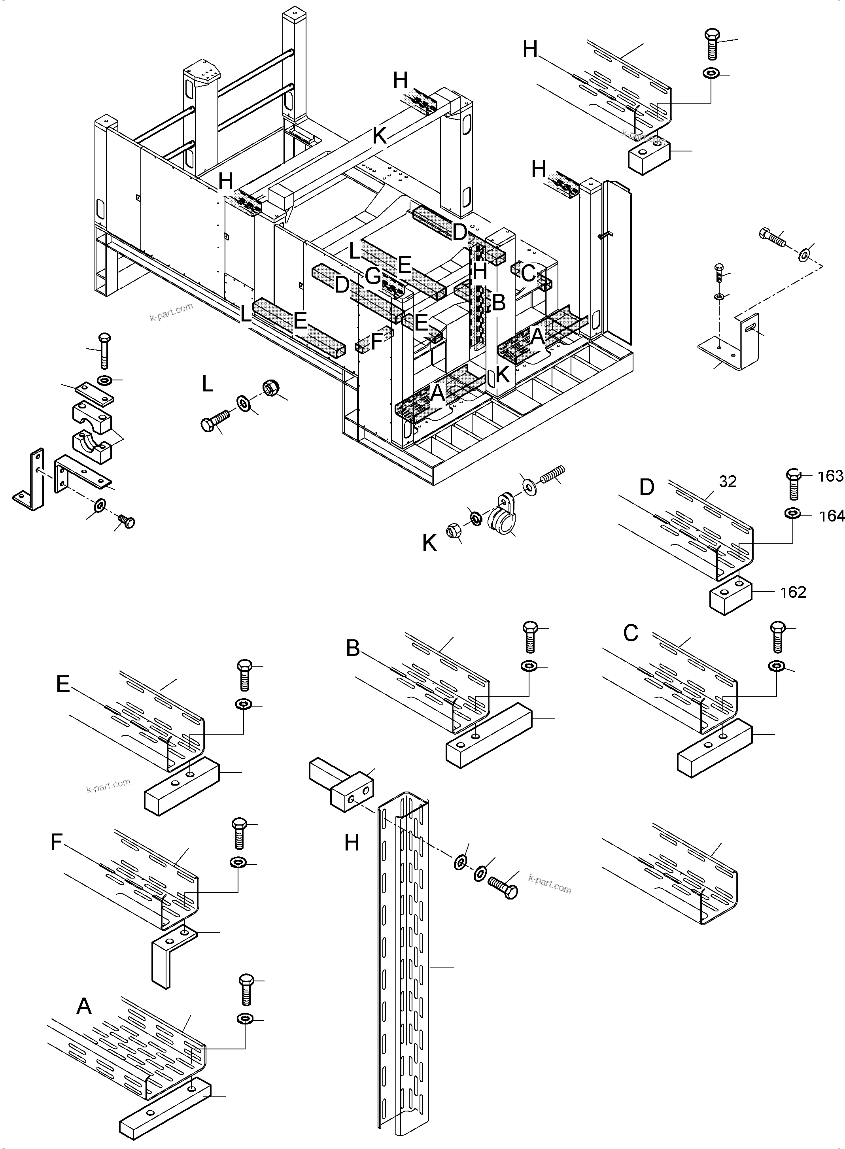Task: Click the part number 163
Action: pyautogui.click(x=830, y=476)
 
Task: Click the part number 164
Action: pyautogui.click(x=831, y=516)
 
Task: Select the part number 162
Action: pyautogui.click(x=793, y=592)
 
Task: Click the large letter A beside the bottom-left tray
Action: pyautogui.click(x=84, y=1006)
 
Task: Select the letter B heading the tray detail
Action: pyautogui.click(x=353, y=649)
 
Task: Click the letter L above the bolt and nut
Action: pyautogui.click(x=207, y=384)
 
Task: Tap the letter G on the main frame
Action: pyautogui.click(x=373, y=277)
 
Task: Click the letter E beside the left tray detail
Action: pyautogui.click(x=63, y=684)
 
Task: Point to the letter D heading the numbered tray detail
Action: pyautogui.click(x=647, y=488)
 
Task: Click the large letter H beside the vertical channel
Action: pyautogui.click(x=352, y=842)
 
